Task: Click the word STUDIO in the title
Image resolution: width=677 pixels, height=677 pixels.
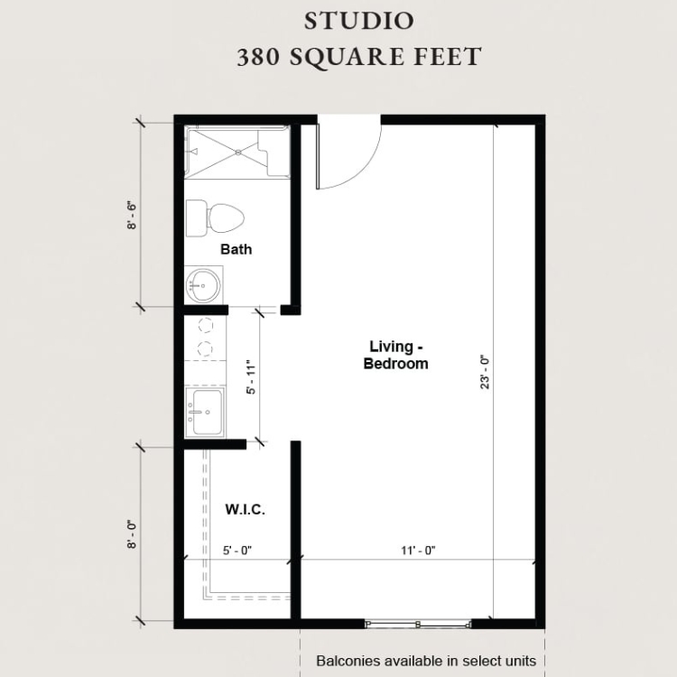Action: tap(358, 21)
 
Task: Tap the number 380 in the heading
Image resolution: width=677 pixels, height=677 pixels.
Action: tap(258, 57)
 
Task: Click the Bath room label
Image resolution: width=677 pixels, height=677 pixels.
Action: tap(236, 249)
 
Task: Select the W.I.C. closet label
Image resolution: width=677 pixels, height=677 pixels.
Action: tap(245, 509)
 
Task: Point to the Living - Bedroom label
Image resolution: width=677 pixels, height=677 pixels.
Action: tap(395, 355)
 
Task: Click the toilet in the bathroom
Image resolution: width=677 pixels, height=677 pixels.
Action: tap(215, 218)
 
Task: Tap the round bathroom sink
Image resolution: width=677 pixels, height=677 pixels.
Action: tap(202, 285)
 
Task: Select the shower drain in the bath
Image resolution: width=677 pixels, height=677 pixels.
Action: tap(238, 152)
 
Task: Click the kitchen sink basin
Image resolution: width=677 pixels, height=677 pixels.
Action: tap(208, 412)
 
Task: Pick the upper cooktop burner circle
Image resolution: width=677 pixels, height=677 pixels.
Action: tap(205, 325)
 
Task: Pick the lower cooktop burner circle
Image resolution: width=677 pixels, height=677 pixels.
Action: tap(205, 348)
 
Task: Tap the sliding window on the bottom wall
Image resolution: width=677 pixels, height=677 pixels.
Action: tap(418, 624)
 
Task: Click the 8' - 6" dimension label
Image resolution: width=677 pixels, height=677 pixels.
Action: tap(132, 215)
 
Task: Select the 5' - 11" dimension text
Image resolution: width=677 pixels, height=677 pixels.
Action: tap(251, 377)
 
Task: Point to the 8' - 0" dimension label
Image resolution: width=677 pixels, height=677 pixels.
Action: tap(132, 534)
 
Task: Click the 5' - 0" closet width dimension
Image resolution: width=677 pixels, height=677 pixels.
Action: tap(237, 551)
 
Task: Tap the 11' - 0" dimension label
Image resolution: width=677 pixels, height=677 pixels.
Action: tap(418, 551)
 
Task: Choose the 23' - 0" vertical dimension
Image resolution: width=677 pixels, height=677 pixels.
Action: tap(485, 372)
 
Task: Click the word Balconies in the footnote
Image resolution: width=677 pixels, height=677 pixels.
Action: tap(342, 661)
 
